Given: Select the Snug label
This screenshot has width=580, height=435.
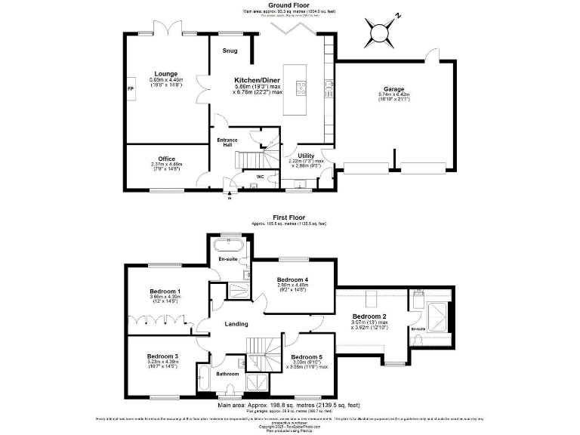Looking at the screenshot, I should tap(230, 51).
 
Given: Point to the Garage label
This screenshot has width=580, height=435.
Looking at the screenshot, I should tap(392, 88).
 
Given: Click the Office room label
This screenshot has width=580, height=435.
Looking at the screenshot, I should tap(166, 159).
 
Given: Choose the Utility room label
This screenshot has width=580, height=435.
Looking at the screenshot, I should tap(306, 156).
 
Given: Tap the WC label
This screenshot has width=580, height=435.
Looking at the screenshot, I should tap(261, 177).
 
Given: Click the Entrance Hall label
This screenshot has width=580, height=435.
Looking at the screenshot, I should tap(227, 143).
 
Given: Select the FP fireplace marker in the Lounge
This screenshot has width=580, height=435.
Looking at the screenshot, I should tap(130, 88).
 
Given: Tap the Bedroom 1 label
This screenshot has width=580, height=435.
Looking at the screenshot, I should tap(164, 292).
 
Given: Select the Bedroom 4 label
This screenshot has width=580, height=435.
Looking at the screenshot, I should tap(292, 279).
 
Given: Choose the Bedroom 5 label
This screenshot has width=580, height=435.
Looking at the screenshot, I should tap(307, 356).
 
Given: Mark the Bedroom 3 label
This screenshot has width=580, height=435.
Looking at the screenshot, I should tap(162, 356).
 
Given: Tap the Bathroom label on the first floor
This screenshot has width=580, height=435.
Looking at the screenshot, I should tap(227, 374).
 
